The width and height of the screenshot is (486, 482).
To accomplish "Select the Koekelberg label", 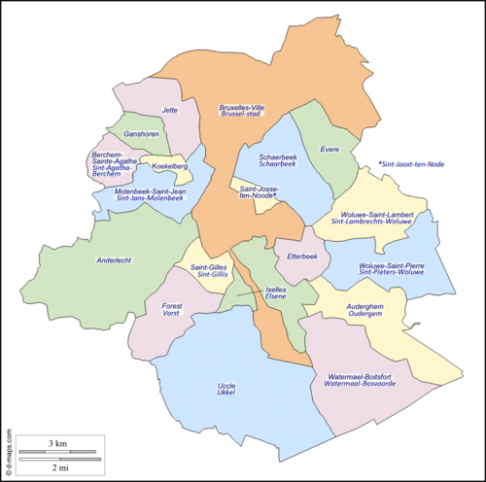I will (x=169, y=166).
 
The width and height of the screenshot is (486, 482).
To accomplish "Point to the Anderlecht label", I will (x=115, y=260).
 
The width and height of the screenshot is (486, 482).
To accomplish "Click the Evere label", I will (x=330, y=149).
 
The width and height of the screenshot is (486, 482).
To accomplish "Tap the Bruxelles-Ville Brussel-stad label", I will (x=242, y=111).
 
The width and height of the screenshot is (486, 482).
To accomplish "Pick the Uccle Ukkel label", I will (x=226, y=390).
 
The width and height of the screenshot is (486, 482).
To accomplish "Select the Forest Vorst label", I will (x=171, y=310).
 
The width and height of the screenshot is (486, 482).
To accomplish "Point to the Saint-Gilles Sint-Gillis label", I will (x=209, y=271).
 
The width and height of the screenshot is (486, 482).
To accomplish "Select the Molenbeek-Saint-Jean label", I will (x=151, y=194).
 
